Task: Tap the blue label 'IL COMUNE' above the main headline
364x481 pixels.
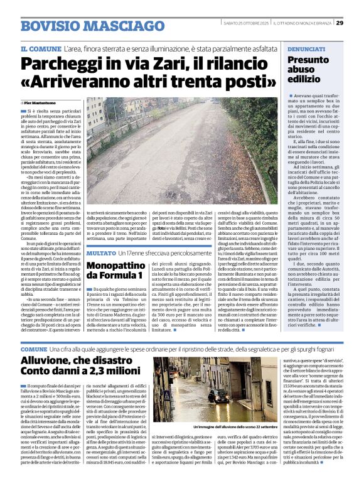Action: coord(40,49)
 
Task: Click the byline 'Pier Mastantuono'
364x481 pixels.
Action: coord(40,102)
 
